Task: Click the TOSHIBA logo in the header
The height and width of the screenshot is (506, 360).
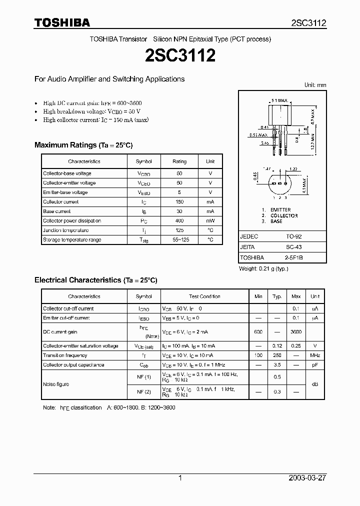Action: tap(62, 22)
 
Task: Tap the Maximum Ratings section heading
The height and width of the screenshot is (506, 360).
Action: tap(83, 145)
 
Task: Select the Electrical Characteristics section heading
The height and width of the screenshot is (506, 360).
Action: tap(95, 280)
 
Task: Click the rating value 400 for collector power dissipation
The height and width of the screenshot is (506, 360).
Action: tap(179, 221)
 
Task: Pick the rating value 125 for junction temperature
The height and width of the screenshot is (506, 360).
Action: tap(179, 230)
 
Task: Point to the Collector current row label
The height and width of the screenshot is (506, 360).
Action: tap(60, 202)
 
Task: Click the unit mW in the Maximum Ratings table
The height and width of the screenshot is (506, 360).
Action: tap(210, 221)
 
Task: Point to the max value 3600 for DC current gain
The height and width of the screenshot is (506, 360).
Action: tap(296, 332)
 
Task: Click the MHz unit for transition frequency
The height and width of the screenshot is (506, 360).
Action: tap(315, 355)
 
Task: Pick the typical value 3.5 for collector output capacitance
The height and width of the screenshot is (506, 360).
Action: tap(277, 365)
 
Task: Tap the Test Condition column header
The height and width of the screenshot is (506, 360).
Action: tap(204, 296)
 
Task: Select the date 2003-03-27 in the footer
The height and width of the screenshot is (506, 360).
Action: tap(307, 478)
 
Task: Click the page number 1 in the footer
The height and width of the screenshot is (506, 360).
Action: tap(180, 478)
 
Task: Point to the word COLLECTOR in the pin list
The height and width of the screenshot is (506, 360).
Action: tap(284, 215)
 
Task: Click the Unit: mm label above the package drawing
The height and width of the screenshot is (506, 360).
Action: tap(315, 85)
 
